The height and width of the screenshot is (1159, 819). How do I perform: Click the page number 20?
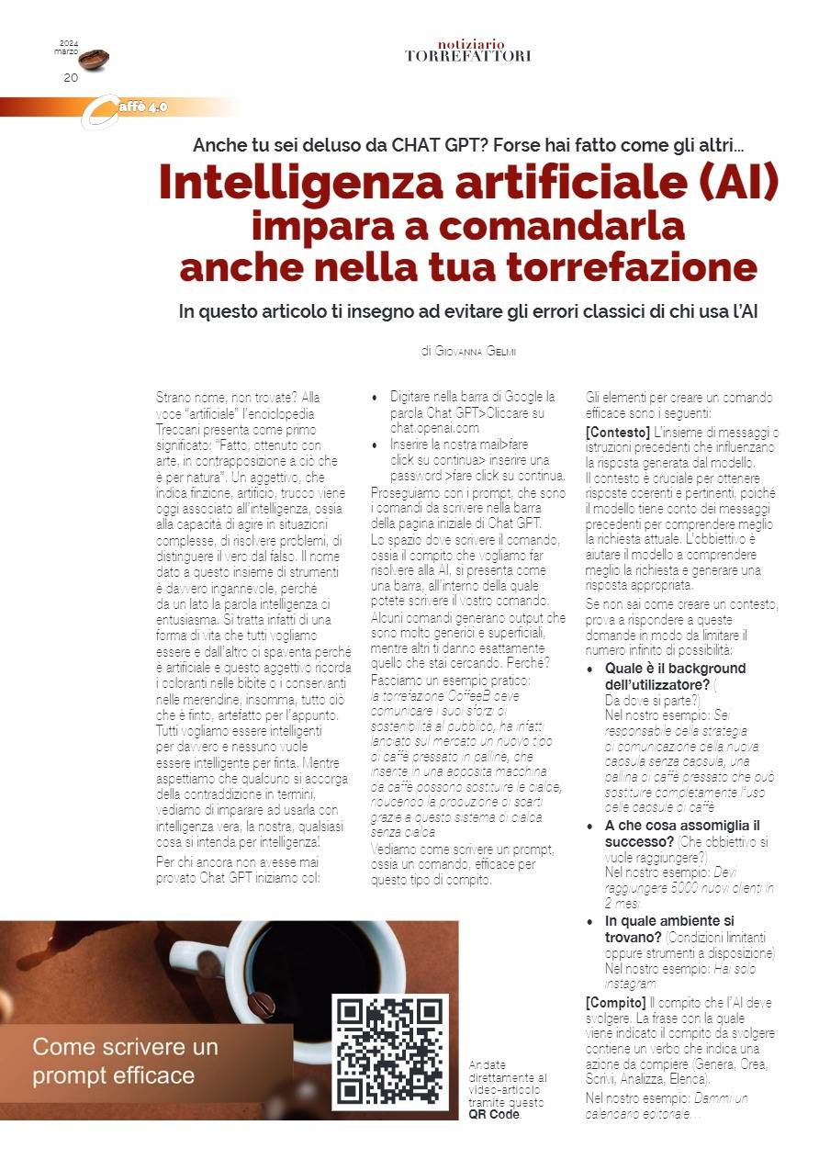(x=71, y=78)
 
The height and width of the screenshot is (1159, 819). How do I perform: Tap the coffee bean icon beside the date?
(x=94, y=60)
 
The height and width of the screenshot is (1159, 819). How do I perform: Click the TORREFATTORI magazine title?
(x=467, y=56)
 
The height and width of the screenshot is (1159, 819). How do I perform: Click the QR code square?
(x=389, y=1051)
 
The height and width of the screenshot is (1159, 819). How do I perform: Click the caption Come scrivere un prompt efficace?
(x=126, y=1061)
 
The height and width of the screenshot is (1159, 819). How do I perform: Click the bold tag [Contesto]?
(x=618, y=433)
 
